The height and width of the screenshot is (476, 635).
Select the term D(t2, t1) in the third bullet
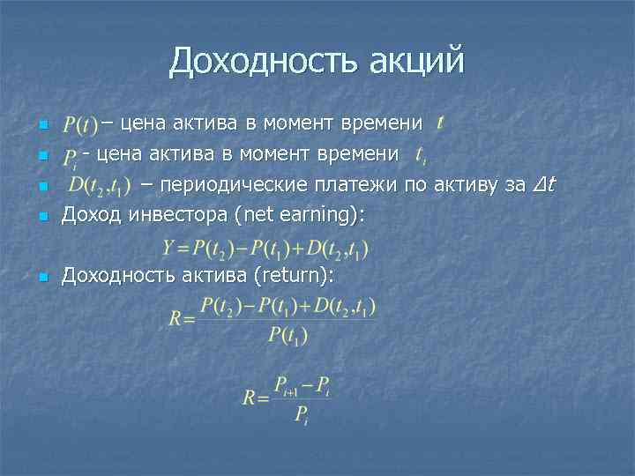click(100, 186)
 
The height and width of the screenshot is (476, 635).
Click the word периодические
click(233, 184)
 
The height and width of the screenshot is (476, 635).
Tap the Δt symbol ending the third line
click(544, 184)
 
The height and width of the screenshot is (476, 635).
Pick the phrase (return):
click(293, 276)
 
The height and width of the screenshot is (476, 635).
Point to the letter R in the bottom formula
click(250, 398)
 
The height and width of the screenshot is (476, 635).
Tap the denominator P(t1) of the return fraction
click(287, 336)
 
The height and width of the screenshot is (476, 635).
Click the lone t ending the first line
click(439, 120)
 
